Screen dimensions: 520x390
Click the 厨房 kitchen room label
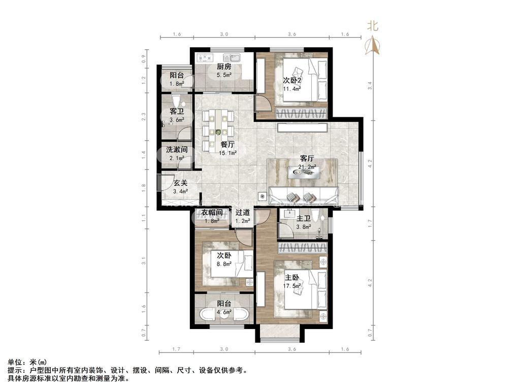coord(224,67)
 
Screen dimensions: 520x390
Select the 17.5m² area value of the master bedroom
coord(292,285)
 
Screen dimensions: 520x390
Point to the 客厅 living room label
coord(307,158)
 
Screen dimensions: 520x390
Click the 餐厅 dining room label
coord(228,145)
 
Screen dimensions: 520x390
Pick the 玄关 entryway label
coord(181,183)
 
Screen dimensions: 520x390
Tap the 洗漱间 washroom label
coord(177,150)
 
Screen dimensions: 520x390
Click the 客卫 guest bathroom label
coord(177,111)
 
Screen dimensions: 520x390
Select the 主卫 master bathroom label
coord(304,218)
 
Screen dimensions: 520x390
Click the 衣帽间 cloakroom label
coord(212,212)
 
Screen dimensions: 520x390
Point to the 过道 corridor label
coord(242,212)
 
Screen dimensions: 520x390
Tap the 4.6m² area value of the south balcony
coord(224,312)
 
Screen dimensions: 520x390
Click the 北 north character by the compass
coord(372,26)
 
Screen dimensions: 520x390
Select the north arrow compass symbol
coord(372,45)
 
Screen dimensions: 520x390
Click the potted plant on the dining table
coord(218,132)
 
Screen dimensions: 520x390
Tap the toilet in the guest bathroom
coord(176,100)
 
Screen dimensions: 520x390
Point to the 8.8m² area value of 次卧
coord(224,264)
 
